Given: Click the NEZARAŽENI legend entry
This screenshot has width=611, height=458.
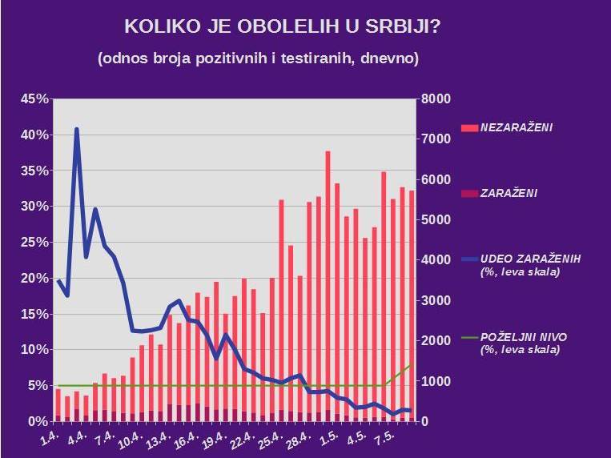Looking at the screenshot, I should [x=516, y=127].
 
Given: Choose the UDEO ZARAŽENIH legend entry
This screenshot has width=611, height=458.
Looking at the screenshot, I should [x=529, y=259].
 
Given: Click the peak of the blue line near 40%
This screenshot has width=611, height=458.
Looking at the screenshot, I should [x=77, y=129].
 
